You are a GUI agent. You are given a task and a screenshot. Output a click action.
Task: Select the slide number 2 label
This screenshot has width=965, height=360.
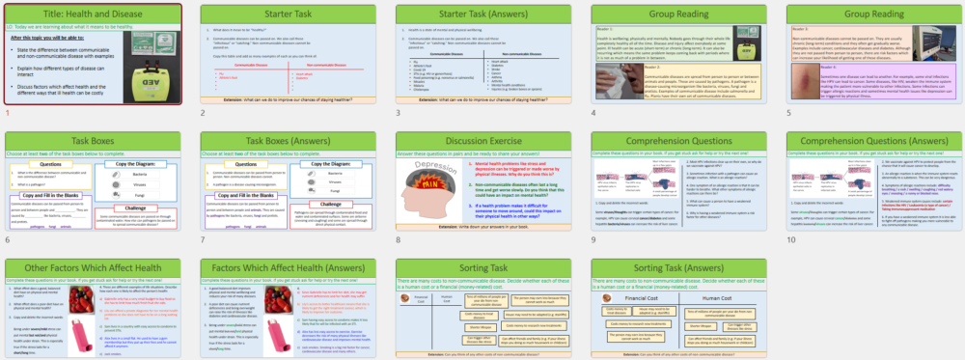click(x=204, y=113)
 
